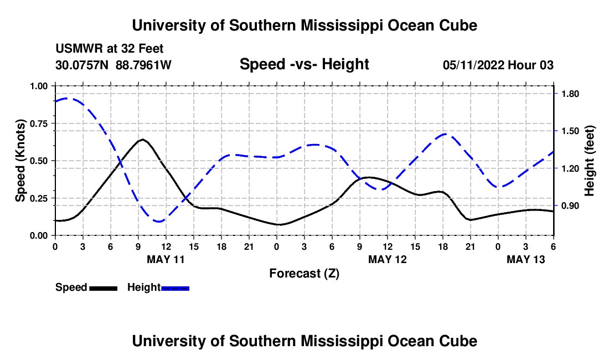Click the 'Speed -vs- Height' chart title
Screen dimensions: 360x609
pyautogui.click(x=304, y=64)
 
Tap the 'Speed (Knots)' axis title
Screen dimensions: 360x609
pyautogui.click(x=20, y=161)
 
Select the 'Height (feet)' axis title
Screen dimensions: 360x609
pyautogui.click(x=589, y=161)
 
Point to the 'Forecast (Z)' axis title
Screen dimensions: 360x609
pyautogui.click(x=304, y=273)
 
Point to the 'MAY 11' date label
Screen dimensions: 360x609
pyautogui.click(x=166, y=259)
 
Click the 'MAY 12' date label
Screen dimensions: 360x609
pyautogui.click(x=387, y=259)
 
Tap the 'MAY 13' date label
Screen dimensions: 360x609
pyautogui.click(x=525, y=259)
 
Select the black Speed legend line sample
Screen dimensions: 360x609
pyautogui.click(x=103, y=288)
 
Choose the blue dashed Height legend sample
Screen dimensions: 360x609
pyautogui.click(x=175, y=288)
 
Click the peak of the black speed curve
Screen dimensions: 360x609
pyautogui.click(x=143, y=140)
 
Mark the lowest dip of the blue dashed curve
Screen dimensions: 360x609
pyautogui.click(x=159, y=222)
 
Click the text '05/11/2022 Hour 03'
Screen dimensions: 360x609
pyautogui.click(x=498, y=65)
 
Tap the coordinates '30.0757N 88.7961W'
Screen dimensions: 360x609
pyautogui.click(x=113, y=65)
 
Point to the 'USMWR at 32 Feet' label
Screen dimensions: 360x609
pyautogui.click(x=110, y=49)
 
